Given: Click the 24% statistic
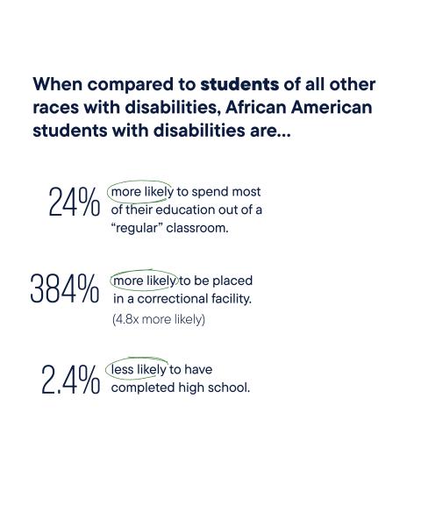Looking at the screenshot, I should (x=74, y=203).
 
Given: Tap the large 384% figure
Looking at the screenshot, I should (x=64, y=289).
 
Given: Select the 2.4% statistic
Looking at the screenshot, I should (x=70, y=380).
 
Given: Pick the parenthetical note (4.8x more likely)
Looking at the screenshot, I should (x=158, y=319).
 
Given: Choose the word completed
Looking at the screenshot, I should (x=143, y=387).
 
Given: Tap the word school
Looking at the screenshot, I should (x=230, y=387).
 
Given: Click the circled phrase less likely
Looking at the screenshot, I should (x=139, y=369).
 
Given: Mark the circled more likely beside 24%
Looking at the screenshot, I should (x=142, y=191).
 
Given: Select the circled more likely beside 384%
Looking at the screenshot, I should (x=144, y=281).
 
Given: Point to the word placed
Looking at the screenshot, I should (x=232, y=281).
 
